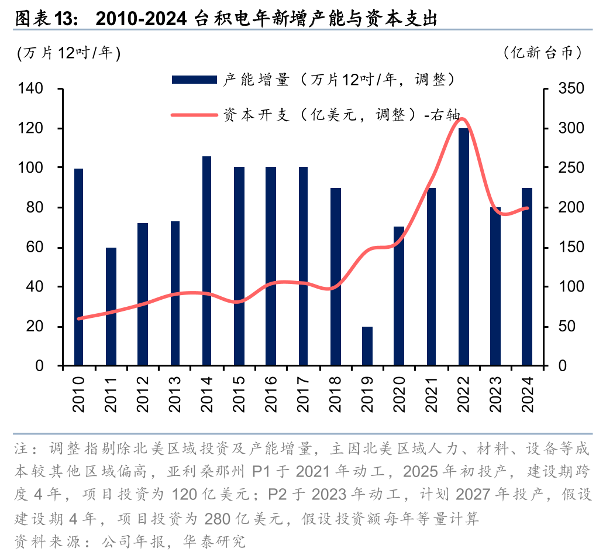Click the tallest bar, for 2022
tap(463, 246)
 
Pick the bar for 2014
tap(207, 261)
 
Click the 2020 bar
tap(399, 296)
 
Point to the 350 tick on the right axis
tap(570, 89)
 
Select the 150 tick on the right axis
tap(570, 248)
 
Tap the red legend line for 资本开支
tap(194, 115)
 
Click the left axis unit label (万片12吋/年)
tap(69, 53)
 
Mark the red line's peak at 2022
tap(463, 119)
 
